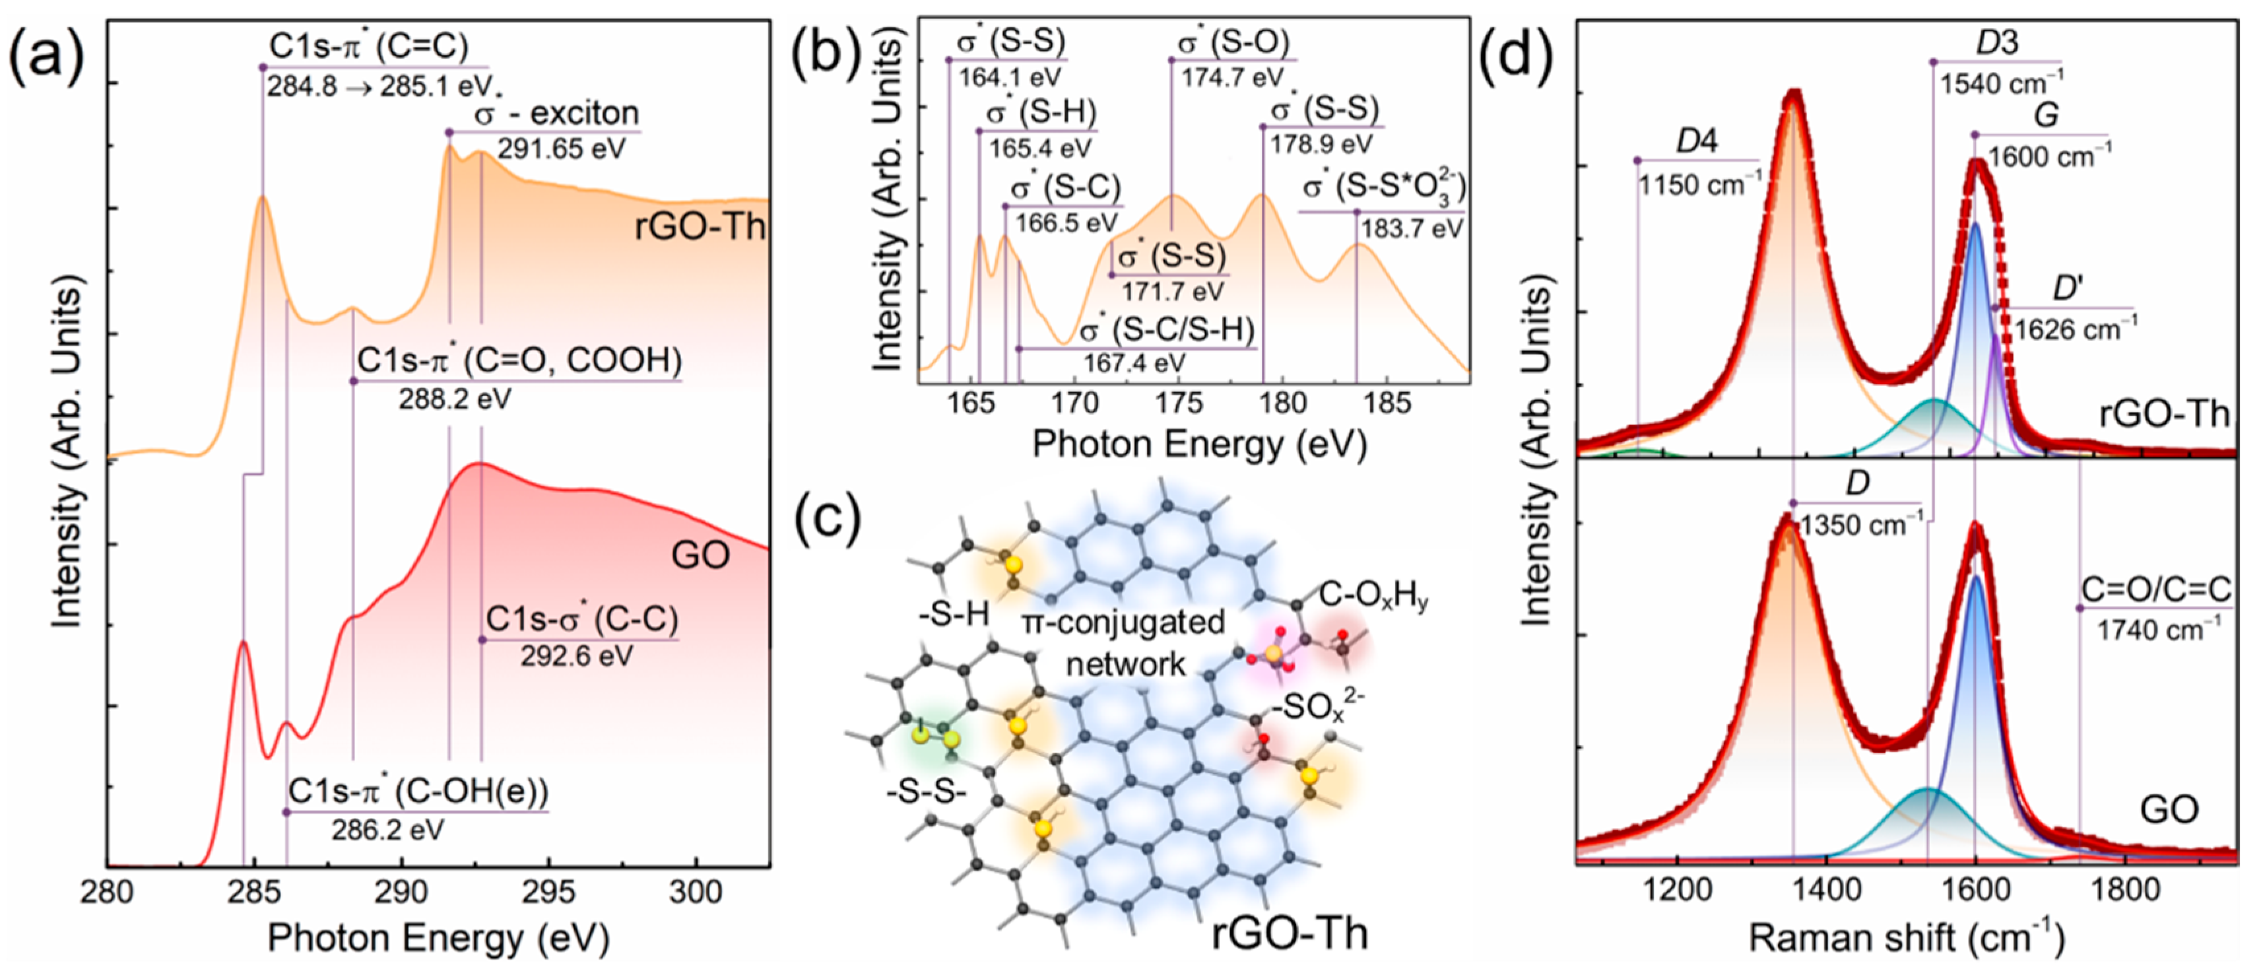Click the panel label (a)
click(x=46, y=59)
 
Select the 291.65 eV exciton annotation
click(x=561, y=149)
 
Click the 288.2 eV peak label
click(x=455, y=399)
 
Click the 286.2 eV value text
click(x=387, y=829)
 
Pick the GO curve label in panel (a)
click(x=700, y=556)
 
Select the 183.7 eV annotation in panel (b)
click(x=1412, y=228)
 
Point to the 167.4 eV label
click(x=1134, y=362)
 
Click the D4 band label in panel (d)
click(x=1697, y=141)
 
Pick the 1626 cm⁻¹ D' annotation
click(x=2076, y=329)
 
